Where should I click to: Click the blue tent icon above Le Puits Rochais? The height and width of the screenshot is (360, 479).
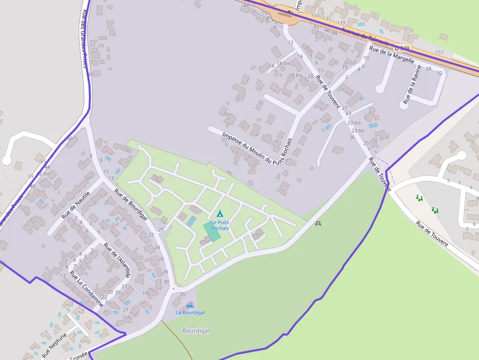219,213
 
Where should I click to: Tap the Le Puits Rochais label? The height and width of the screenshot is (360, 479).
220,225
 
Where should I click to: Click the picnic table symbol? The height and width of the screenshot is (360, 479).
319,223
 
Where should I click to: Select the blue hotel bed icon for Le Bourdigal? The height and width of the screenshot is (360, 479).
190,306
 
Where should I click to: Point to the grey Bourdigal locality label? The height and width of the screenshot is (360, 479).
196,331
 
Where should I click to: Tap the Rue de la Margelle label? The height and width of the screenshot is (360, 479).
392,54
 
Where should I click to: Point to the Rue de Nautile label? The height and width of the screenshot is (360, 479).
76,205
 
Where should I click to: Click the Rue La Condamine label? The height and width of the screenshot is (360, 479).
86,289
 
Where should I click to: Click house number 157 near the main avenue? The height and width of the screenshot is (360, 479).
439,52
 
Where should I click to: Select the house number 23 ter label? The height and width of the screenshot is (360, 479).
358,130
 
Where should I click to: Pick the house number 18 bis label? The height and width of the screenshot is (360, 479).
295,75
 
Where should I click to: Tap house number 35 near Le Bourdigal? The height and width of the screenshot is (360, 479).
182,294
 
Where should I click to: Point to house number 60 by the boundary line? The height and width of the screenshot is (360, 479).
91,74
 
